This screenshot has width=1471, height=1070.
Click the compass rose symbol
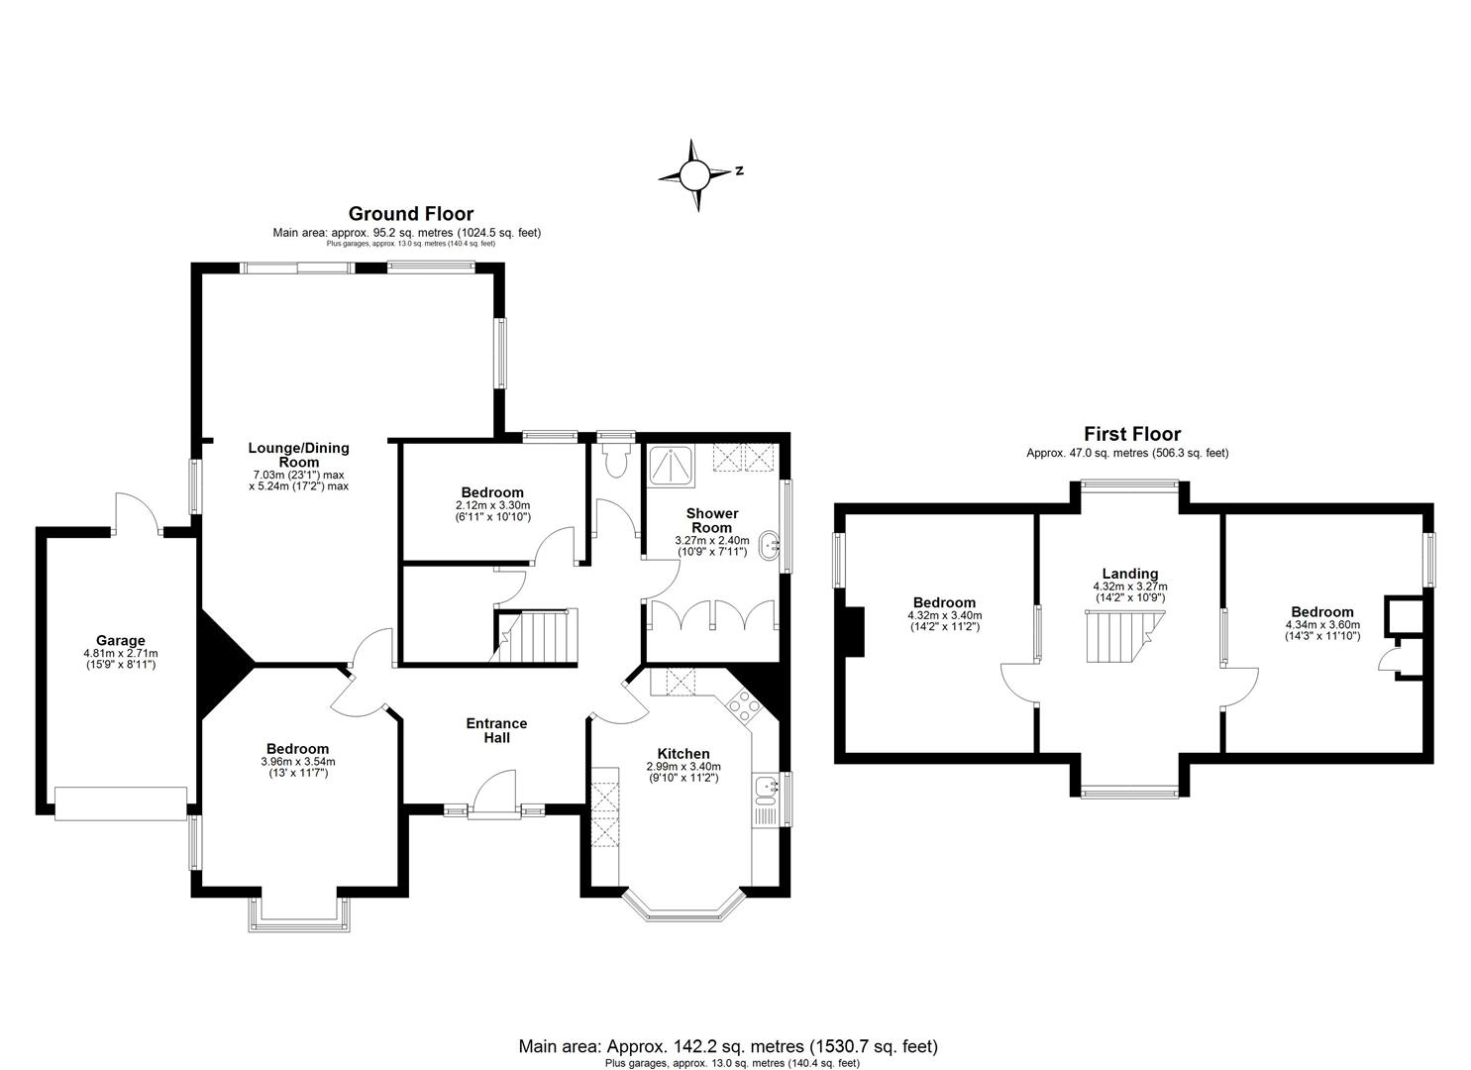695,175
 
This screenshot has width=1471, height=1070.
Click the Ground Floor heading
410,213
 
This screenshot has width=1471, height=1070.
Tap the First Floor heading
1131,433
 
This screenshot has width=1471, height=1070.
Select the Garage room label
120,641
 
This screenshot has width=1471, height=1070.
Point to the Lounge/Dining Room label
298,455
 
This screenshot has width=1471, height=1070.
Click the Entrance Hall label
496,730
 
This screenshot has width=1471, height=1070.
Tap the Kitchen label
683,754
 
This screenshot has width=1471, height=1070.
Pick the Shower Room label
712,520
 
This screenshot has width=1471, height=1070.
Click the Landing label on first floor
1129,574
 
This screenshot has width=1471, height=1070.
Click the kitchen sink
766,788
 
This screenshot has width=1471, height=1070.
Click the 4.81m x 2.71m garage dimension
121,654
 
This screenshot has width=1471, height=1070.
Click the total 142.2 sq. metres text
727,1046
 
